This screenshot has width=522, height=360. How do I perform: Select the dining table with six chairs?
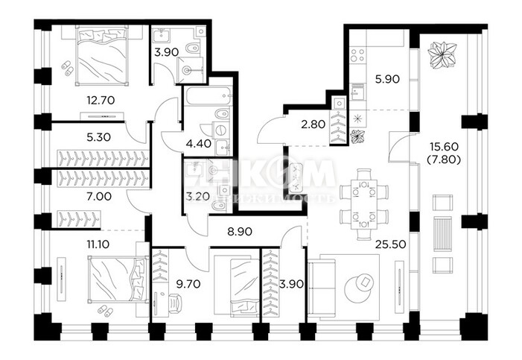[x=360, y=203]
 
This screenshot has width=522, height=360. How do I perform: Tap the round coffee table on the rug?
[x=364, y=282]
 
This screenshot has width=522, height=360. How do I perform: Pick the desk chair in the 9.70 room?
[x=176, y=303]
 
